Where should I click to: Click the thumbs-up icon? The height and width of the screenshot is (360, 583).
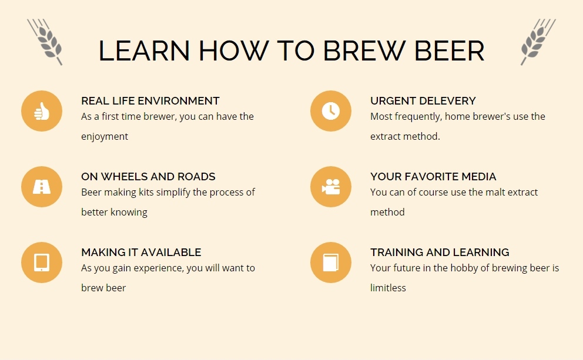42,111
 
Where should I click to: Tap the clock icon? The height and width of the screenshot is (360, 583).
330,111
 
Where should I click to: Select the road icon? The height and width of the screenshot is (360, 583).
42,187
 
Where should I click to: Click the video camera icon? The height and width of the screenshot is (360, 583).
330,187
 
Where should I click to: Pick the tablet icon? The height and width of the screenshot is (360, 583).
42,263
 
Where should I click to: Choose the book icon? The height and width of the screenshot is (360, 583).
330,263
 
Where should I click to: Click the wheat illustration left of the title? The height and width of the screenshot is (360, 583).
45,42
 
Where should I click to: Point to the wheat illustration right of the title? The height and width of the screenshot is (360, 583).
538,42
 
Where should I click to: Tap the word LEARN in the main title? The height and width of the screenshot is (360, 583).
144,51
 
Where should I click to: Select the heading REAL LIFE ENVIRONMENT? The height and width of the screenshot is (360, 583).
150,100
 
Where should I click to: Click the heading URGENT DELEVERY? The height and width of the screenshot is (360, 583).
423,100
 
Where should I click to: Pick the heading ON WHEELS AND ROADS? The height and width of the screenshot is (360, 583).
148,176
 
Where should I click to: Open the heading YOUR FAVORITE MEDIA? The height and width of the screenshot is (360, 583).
433,176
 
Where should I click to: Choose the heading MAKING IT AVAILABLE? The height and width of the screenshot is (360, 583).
141,253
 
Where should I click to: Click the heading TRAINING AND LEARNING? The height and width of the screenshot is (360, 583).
440,253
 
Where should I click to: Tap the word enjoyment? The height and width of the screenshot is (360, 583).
105,137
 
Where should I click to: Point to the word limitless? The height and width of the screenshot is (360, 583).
388,288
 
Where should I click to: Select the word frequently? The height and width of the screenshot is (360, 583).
418,117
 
